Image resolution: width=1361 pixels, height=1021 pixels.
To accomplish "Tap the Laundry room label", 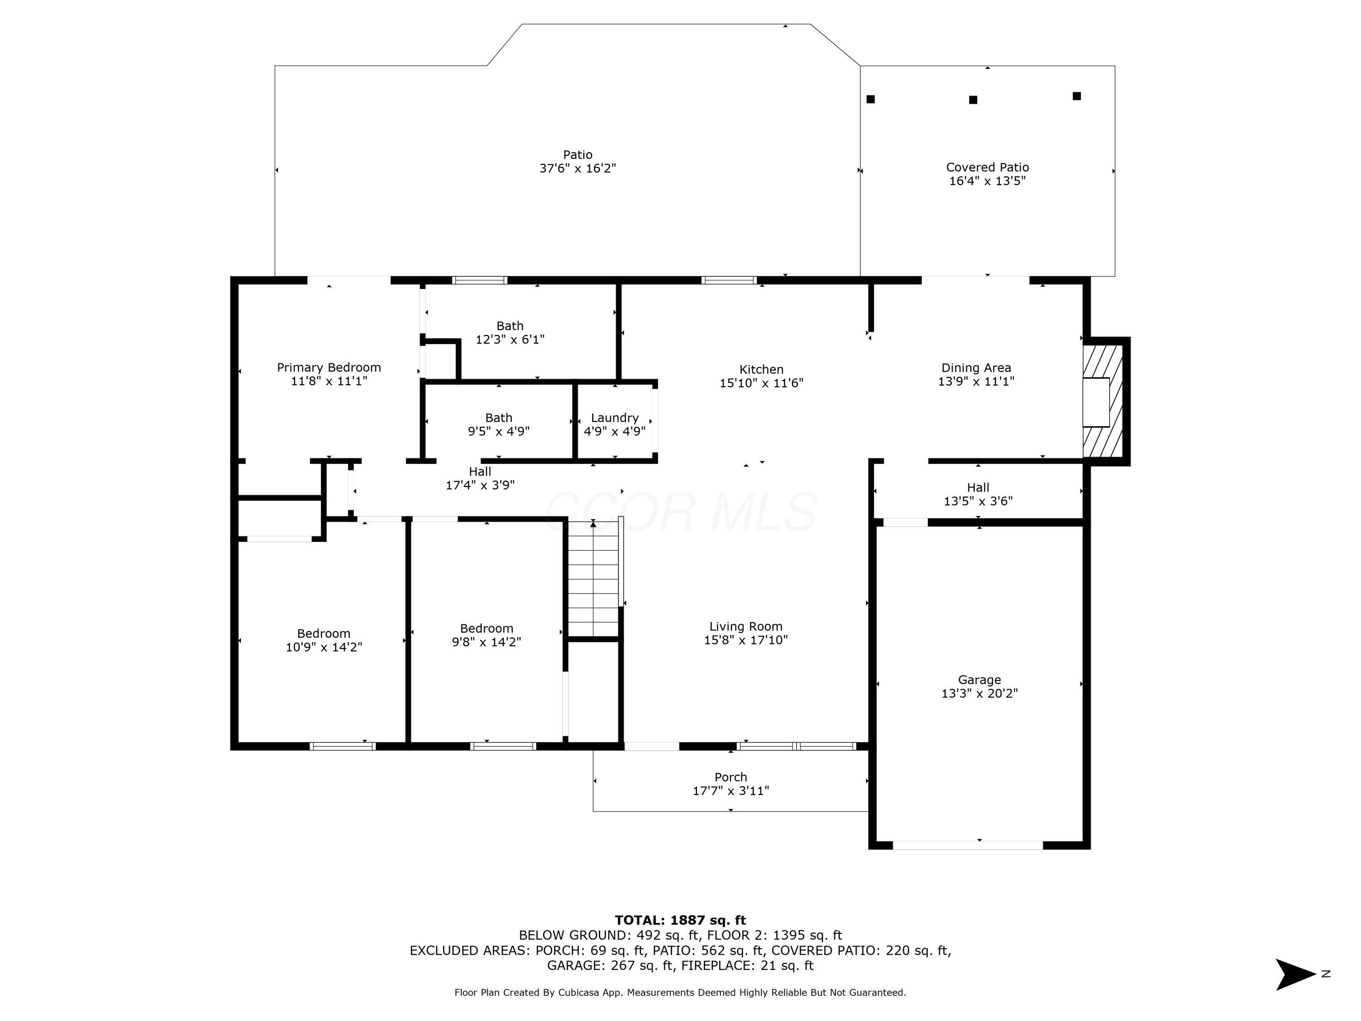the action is tap(615, 418).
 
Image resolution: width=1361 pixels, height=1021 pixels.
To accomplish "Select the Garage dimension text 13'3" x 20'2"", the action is tap(979, 693).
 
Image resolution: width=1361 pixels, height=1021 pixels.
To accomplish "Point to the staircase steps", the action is tap(593, 579).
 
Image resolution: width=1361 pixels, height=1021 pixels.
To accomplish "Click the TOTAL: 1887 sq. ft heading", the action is tap(680, 920).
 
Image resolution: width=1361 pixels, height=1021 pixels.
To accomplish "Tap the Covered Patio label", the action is tap(988, 167).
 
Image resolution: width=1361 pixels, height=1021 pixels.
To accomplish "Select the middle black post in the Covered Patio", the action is tap(973, 100).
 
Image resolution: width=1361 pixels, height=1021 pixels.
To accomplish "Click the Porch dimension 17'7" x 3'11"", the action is tap(731, 791).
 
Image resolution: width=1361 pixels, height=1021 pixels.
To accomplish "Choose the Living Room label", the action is tap(746, 627).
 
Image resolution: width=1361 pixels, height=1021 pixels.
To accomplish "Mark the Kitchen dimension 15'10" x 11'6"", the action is tap(762, 383).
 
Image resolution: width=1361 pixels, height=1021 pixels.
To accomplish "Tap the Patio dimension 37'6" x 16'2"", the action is tap(578, 168).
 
